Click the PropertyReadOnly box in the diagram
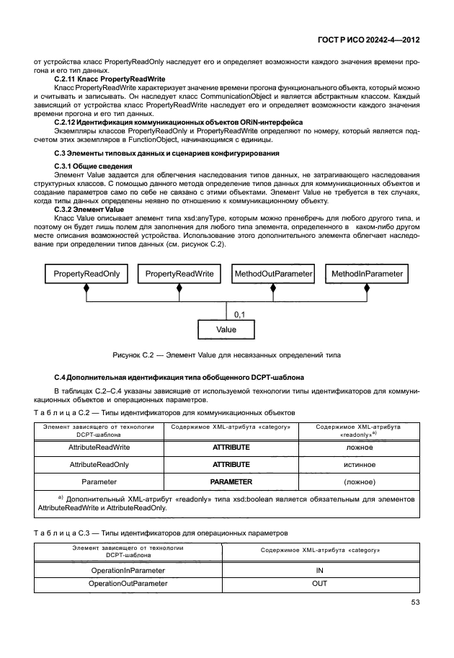(86, 274)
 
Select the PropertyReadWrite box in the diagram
(179, 274)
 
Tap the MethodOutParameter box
(273, 274)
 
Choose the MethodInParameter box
(367, 274)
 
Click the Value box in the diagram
(226, 329)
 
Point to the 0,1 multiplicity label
(240, 314)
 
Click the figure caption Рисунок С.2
(227, 355)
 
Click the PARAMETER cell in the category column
(231, 481)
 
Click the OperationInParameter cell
(128, 569)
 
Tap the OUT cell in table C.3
(319, 583)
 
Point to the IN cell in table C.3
(319, 569)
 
